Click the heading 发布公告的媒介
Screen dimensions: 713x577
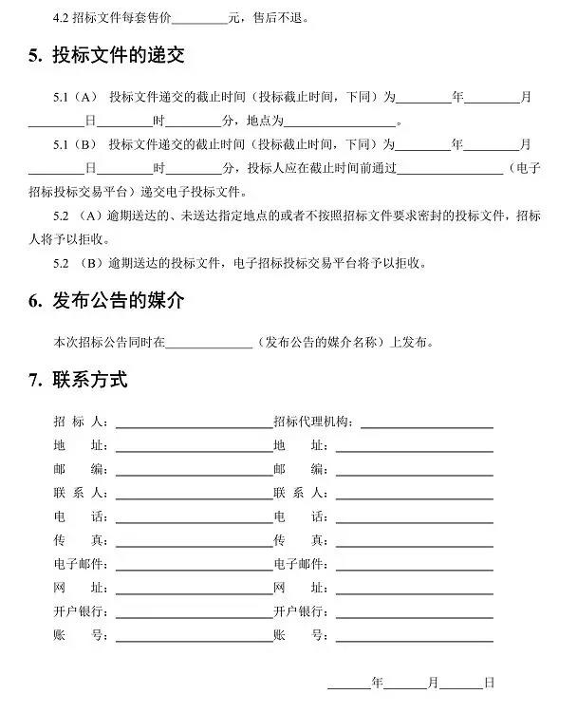pos(118,301)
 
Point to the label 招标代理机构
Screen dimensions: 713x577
pos(313,422)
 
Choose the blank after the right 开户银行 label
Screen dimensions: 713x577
pos(414,613)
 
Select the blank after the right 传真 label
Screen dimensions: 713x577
pos(414,542)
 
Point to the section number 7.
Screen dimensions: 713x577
pos(33,382)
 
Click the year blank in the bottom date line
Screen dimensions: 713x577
pos(349,685)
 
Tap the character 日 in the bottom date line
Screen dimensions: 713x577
pos(489,683)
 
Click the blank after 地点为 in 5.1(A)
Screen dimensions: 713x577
pos(340,122)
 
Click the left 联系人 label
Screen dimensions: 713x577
pos(81,493)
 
